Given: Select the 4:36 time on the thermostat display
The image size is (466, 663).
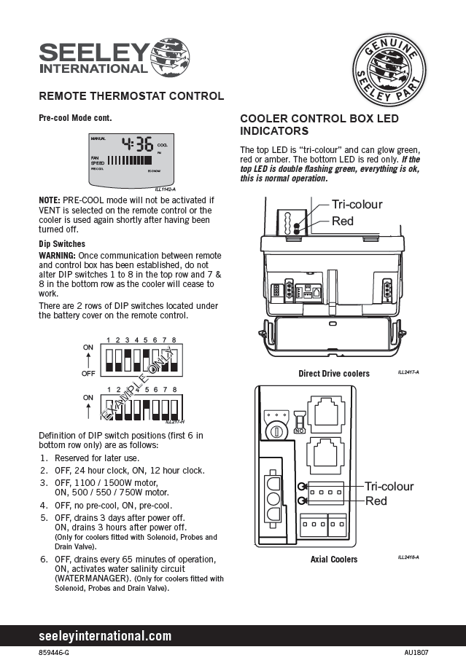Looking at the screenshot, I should [137, 144].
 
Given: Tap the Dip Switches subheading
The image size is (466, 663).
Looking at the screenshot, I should [61, 243].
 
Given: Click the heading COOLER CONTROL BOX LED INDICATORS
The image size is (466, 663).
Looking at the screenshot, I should [319, 125].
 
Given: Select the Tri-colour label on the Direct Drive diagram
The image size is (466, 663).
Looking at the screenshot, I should [357, 204].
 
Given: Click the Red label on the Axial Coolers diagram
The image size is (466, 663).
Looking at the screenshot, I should [376, 501].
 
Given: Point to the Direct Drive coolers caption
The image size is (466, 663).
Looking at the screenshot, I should [334, 374].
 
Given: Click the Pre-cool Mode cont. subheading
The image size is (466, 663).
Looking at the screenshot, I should [75, 117].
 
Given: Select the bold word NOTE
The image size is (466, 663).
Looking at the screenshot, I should [49, 199].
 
